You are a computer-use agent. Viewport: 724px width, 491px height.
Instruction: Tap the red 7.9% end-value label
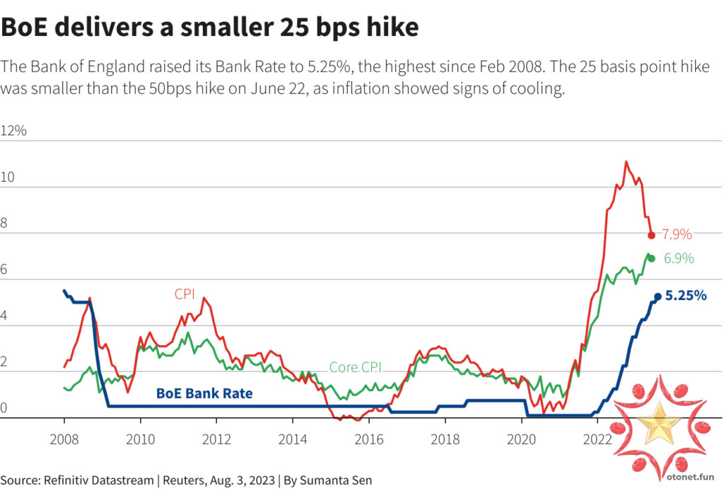(x=677, y=235)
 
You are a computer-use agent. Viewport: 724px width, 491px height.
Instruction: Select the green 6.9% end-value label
(x=679, y=259)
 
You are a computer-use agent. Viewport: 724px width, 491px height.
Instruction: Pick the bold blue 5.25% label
(x=685, y=296)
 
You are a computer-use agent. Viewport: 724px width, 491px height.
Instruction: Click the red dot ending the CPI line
(x=651, y=235)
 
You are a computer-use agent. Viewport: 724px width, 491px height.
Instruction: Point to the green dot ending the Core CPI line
(x=651, y=259)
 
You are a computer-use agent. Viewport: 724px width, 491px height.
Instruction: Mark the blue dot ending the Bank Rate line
(x=658, y=297)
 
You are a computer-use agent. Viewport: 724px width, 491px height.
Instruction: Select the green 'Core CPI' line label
(x=356, y=367)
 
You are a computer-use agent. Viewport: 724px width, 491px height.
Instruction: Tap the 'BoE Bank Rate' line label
(x=204, y=393)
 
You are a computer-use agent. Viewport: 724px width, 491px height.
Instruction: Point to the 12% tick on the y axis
(x=14, y=132)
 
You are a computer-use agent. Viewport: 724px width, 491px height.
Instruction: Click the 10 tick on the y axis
(x=9, y=178)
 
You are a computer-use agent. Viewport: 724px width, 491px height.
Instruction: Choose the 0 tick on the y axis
(x=5, y=408)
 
